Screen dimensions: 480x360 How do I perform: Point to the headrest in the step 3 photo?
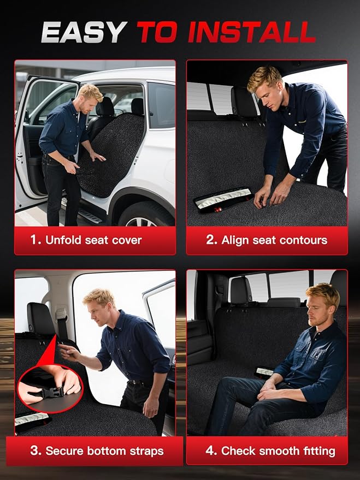[41, 319]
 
